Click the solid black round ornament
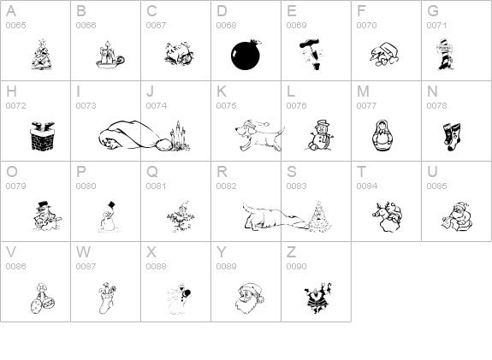(246, 55)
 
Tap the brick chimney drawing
(43, 136)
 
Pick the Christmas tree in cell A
(42, 55)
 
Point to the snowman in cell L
(318, 135)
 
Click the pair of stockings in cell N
(452, 137)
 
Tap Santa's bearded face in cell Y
(250, 298)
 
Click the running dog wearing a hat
(259, 135)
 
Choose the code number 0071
(436, 25)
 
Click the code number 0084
(366, 186)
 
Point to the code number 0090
(296, 266)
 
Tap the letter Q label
(152, 172)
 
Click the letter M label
(363, 91)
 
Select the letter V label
(11, 251)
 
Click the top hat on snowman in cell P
(111, 205)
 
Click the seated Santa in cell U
(458, 216)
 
